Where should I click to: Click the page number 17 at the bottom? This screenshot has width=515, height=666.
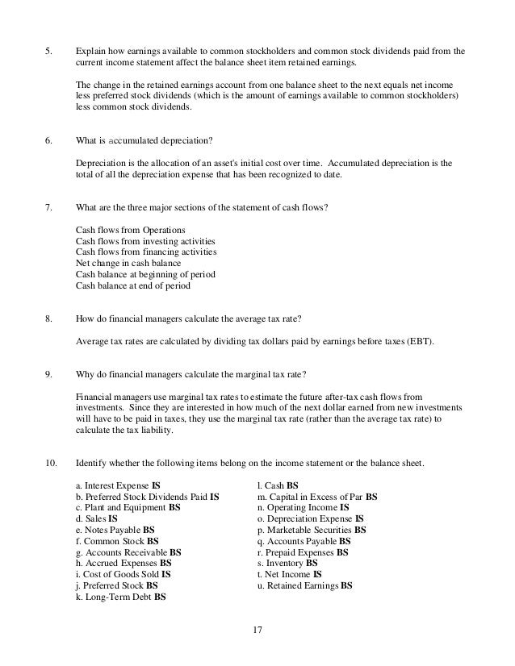tap(257, 630)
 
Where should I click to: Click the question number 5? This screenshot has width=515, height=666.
tap(48, 50)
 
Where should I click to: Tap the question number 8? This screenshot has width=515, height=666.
tap(48, 321)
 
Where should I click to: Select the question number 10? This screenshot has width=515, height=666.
tap(50, 463)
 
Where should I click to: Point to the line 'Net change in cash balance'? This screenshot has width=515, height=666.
tap(128, 263)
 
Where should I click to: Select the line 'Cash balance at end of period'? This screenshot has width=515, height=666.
tap(133, 285)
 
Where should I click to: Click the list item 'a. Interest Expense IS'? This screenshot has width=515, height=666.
tap(117, 485)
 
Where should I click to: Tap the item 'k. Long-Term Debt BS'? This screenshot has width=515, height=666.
tap(120, 597)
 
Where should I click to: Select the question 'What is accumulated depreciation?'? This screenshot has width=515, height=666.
tap(144, 140)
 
